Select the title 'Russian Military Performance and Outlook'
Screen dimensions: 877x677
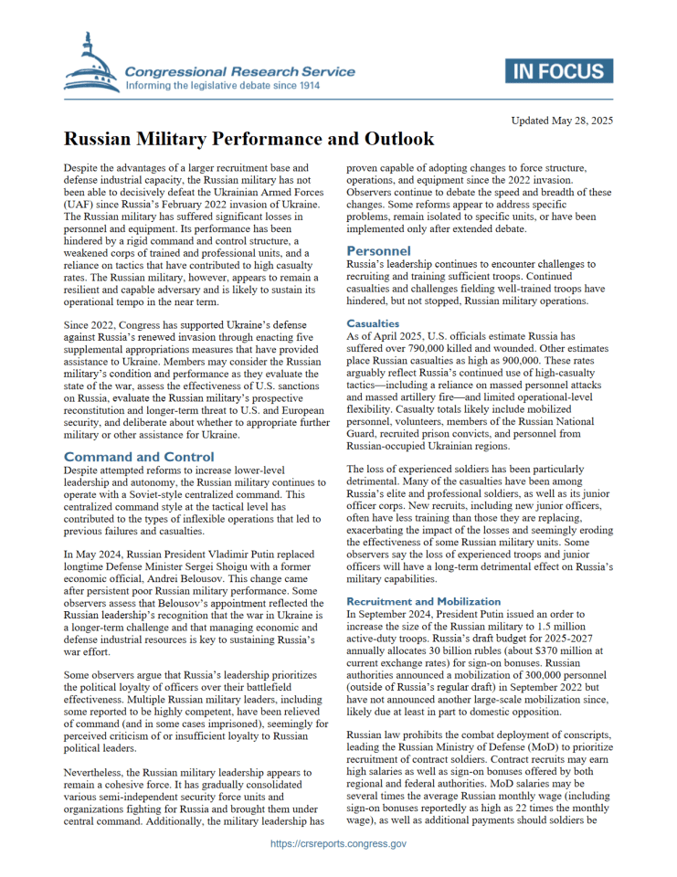point(249,141)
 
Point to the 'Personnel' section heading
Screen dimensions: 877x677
point(378,250)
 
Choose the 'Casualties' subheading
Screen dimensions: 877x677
point(373,323)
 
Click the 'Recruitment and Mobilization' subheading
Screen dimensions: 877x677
point(424,601)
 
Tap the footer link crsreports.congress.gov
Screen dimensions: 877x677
point(339,844)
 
